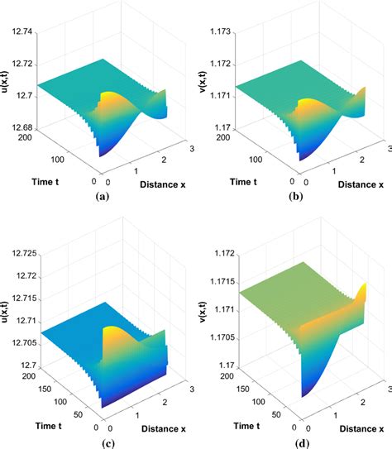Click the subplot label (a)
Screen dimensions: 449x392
pos(102,198)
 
